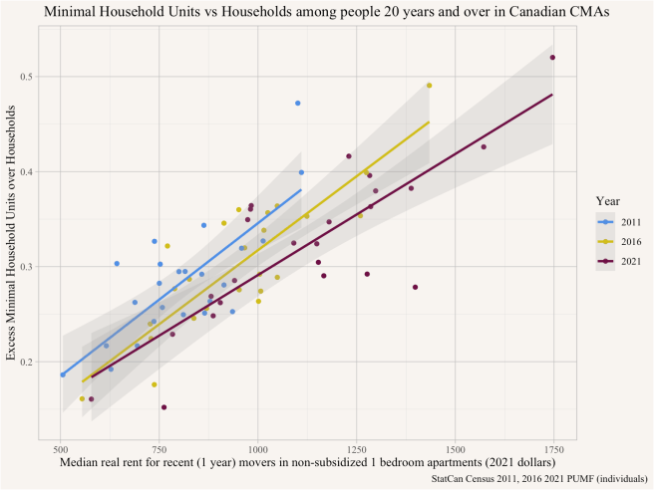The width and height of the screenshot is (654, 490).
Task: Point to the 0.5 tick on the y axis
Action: tap(26, 77)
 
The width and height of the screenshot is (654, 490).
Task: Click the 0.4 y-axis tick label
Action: tap(26, 172)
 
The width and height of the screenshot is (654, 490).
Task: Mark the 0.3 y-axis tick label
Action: tap(26, 267)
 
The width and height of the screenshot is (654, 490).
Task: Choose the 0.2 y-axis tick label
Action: tap(26, 363)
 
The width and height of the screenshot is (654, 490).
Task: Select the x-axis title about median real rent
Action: tap(307, 463)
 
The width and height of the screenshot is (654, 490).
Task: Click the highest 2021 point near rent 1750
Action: tap(552, 57)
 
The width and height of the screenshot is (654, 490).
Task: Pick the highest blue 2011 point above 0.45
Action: tap(297, 104)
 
